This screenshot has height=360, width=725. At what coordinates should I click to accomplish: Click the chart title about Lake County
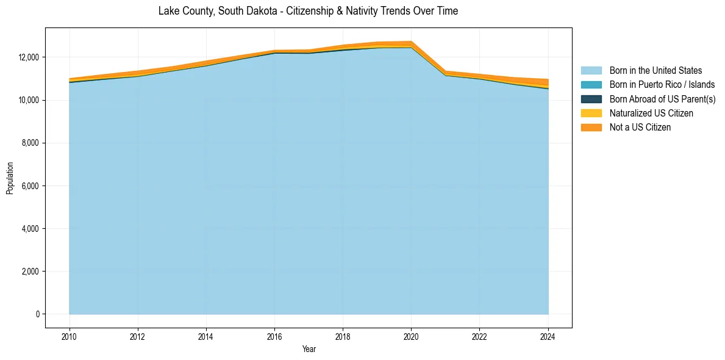308,11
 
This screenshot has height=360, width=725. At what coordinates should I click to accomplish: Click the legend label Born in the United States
655,71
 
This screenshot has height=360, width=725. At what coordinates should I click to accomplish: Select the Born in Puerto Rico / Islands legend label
662,85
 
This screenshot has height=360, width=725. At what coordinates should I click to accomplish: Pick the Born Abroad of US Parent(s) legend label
662,99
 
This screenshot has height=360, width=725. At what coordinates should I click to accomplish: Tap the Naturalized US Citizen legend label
651,113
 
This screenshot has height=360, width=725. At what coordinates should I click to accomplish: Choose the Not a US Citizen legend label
640,128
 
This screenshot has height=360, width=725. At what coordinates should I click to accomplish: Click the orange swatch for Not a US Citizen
591,128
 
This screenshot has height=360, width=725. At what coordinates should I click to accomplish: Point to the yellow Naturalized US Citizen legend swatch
591,113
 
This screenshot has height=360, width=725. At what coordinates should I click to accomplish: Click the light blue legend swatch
591,71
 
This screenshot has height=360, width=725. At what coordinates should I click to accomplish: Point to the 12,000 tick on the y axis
29,57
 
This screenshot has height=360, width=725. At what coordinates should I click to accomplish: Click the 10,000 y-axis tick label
29,100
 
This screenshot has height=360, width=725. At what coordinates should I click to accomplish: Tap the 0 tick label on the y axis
38,314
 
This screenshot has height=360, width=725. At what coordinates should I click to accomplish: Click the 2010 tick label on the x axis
70,335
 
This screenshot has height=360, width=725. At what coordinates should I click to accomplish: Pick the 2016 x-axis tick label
274,335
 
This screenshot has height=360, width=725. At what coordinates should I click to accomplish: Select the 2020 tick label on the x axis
411,335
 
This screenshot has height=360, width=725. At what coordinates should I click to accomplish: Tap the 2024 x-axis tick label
548,335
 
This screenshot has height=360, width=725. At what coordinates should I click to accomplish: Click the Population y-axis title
10,178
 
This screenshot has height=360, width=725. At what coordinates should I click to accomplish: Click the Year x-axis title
309,349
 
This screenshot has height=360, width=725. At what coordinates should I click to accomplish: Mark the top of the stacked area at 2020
411,41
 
